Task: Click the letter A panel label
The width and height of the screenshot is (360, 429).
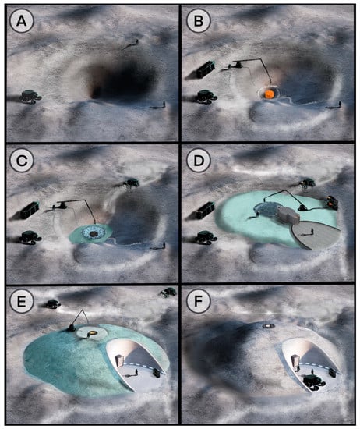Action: [22, 21]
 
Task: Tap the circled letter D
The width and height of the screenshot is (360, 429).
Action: [199, 161]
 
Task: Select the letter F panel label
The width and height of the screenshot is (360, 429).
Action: [198, 301]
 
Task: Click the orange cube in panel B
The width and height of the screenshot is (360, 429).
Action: [270, 94]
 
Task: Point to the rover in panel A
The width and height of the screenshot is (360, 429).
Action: [31, 97]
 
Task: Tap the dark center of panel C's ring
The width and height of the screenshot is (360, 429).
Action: [94, 234]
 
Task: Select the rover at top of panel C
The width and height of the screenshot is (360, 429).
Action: [132, 183]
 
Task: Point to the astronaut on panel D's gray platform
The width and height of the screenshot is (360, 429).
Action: [312, 232]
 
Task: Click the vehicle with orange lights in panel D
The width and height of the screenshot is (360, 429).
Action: [331, 202]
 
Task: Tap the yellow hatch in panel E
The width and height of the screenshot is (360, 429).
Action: [93, 333]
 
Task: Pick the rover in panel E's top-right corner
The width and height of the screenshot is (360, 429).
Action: [168, 292]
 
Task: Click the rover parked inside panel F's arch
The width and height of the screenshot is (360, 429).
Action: [313, 381]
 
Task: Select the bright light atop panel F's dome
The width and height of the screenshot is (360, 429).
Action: [269, 326]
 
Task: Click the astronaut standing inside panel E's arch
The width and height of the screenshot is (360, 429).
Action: [136, 372]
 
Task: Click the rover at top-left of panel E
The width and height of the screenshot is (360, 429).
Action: [53, 304]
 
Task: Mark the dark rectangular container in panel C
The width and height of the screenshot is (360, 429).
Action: [30, 210]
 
